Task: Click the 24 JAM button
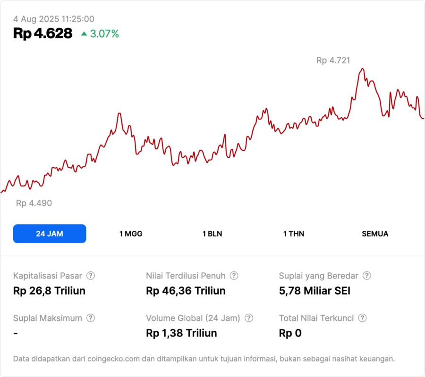[50, 234]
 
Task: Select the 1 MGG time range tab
[131, 234]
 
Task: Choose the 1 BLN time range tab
[212, 234]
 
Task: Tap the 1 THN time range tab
[294, 234]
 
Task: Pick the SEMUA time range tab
[375, 234]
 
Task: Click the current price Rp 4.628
[43, 33]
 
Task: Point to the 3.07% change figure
[104, 34]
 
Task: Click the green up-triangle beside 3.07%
[84, 33]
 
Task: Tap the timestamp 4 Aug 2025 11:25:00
[54, 19]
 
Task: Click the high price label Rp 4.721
[333, 60]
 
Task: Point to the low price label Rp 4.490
[34, 203]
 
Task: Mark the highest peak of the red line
[362, 69]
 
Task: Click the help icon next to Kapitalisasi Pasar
[91, 276]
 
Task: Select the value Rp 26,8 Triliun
[49, 291]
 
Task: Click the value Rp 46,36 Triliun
[186, 291]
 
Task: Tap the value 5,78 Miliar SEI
[314, 291]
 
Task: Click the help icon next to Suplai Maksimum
[91, 318]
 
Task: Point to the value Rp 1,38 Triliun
[181, 333]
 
